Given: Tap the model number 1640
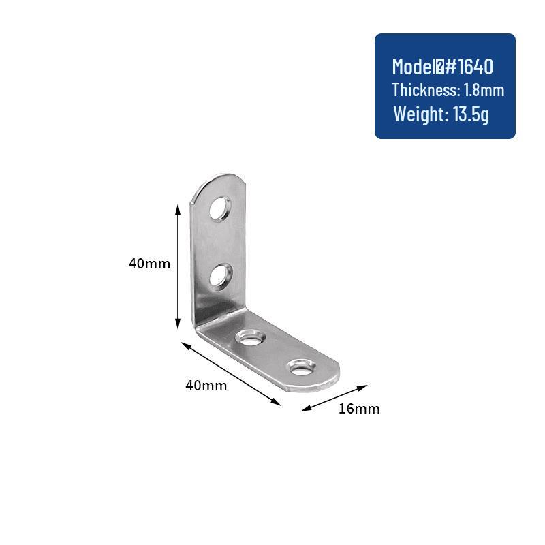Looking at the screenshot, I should (474, 67).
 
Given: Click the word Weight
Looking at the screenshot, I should (418, 114).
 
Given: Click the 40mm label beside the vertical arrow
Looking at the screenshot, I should (149, 264).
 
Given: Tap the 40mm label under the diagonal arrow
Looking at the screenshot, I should (206, 386).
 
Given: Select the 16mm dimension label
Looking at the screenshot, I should (359, 409).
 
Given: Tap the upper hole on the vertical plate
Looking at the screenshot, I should (221, 208).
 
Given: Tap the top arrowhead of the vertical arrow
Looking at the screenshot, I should (178, 206).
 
